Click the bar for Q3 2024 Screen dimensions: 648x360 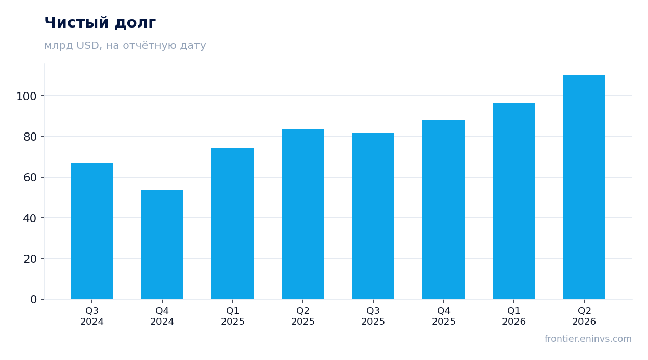(92, 231)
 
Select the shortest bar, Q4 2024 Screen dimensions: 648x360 (162, 245)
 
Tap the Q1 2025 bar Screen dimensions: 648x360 (233, 223)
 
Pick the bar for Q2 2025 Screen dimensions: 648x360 (303, 214)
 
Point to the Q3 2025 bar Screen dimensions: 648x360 (374, 216)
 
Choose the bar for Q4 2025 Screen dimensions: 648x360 (444, 210)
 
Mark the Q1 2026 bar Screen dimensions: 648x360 (514, 201)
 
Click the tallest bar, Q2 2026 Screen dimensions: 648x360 (585, 188)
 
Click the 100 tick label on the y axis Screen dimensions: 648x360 (27, 96)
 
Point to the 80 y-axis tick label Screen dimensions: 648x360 (30, 137)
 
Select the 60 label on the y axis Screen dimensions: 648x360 (30, 178)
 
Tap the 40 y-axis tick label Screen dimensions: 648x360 (30, 218)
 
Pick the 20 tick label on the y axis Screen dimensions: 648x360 (30, 259)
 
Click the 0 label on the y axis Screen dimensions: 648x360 (34, 300)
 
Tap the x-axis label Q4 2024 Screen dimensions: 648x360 (162, 316)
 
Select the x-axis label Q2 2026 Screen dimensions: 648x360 (585, 316)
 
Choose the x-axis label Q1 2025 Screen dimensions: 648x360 (233, 316)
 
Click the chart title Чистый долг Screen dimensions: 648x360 (100, 22)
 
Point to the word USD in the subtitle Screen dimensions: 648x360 (89, 45)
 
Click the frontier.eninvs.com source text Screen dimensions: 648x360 (588, 339)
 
